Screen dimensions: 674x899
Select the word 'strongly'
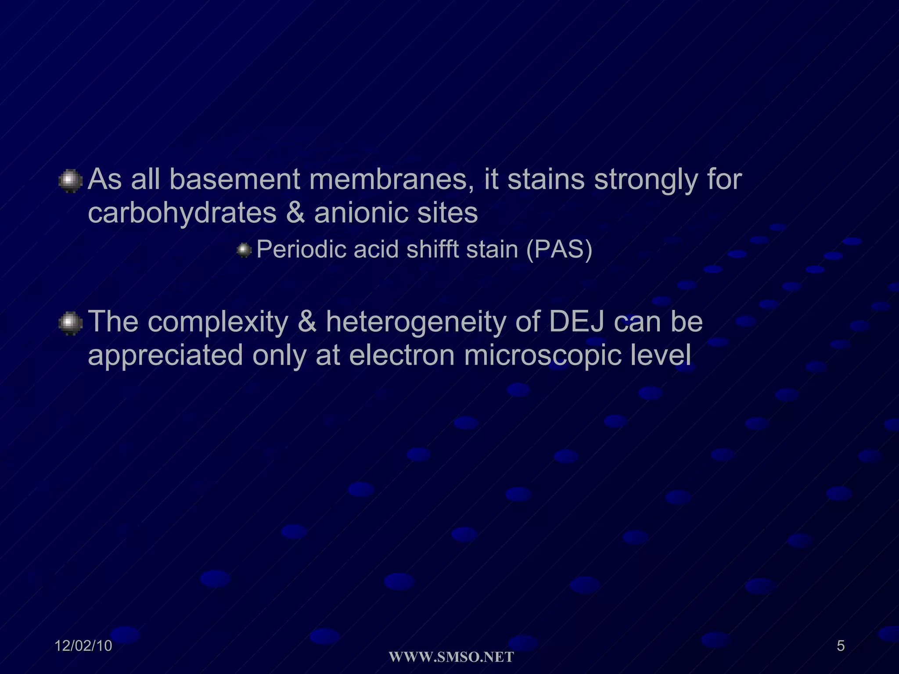[645, 181]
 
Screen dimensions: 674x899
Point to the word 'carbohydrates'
[182, 214]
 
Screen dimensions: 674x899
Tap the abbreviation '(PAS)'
[559, 250]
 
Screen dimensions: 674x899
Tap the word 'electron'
[402, 355]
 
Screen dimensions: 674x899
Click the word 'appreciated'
[165, 356]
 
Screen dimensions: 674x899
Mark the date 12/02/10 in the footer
[83, 646]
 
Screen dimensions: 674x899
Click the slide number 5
[841, 646]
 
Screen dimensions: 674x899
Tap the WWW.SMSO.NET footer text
[451, 657]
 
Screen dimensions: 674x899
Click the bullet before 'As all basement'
[70, 181]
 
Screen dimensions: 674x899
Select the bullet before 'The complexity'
[70, 323]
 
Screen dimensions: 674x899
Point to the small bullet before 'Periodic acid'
[244, 251]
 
